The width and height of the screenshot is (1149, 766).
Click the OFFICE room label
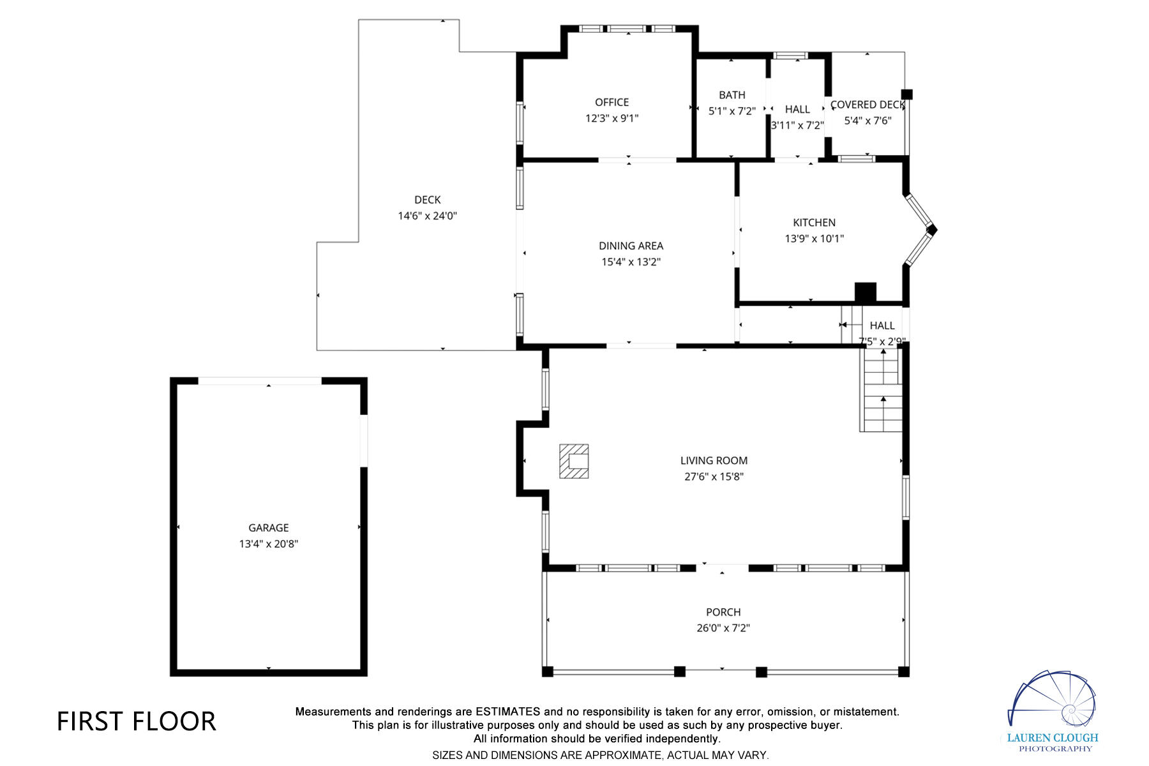612,102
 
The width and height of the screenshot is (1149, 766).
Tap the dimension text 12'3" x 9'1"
612,118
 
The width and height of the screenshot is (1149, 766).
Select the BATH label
732,95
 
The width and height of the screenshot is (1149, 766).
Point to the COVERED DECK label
867,105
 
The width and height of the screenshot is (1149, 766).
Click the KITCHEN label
814,223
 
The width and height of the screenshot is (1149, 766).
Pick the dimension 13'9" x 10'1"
814,239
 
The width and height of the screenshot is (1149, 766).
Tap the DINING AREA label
631,246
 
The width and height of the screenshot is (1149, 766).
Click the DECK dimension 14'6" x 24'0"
427,216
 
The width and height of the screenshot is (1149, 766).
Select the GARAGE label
268,528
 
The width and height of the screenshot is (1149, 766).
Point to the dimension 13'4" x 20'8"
268,544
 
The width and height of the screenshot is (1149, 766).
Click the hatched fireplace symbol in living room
574,461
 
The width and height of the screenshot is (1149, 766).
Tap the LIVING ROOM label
714,460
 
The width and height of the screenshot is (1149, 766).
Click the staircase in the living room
882,391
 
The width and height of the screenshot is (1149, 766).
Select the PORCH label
723,612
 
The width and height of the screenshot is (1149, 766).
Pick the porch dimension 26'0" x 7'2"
723,628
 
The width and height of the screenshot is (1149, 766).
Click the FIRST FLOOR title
137,721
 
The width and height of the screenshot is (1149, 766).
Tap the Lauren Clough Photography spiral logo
1053,702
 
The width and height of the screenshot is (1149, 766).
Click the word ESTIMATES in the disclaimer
507,712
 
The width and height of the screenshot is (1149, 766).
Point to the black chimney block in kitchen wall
865,292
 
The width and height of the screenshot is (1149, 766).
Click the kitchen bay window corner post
932,229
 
